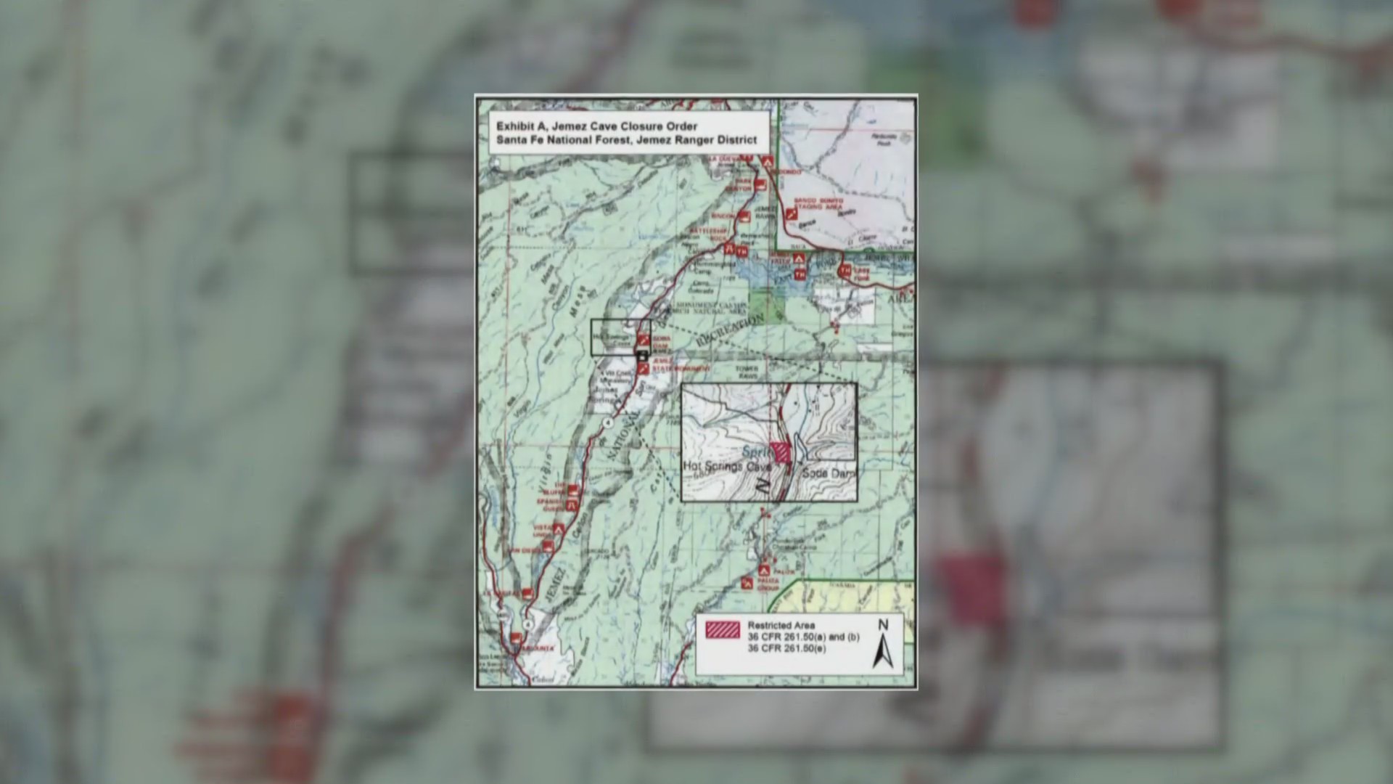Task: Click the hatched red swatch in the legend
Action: coord(723,629)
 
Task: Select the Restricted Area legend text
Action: coord(781,625)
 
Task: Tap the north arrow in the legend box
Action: coord(883,645)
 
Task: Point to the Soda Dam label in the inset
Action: coord(829,473)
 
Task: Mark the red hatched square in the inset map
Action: coord(781,452)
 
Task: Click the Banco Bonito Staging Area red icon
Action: coord(791,215)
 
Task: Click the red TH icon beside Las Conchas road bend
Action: coord(844,271)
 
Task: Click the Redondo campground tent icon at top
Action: coord(766,163)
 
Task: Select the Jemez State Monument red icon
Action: coord(643,369)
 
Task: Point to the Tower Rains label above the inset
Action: coord(746,372)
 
